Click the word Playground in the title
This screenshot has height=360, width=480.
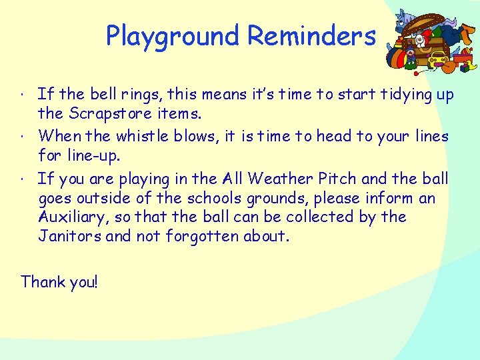172,36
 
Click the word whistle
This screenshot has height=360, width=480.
142,136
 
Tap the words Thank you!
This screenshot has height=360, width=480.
59,281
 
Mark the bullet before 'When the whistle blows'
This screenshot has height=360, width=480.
23,137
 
